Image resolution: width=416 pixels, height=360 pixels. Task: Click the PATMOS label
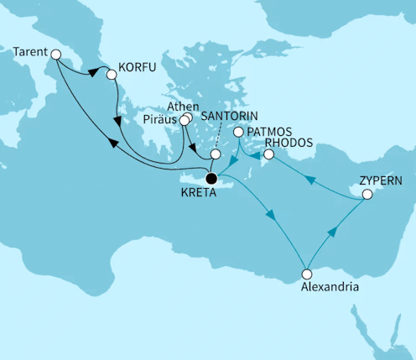[x=269, y=132]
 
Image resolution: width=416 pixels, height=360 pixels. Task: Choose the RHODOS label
[x=289, y=143]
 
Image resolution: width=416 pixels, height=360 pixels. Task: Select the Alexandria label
[x=332, y=287]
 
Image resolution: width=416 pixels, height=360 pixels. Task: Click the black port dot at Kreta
[x=211, y=178]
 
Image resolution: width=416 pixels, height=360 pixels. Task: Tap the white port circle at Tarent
[x=56, y=55]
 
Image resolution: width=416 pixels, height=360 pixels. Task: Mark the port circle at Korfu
[x=111, y=75]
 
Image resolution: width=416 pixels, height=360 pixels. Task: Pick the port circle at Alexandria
[x=307, y=274]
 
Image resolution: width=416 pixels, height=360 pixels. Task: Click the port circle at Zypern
[x=367, y=195]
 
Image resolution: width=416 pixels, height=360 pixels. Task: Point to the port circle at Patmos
[x=238, y=133]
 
